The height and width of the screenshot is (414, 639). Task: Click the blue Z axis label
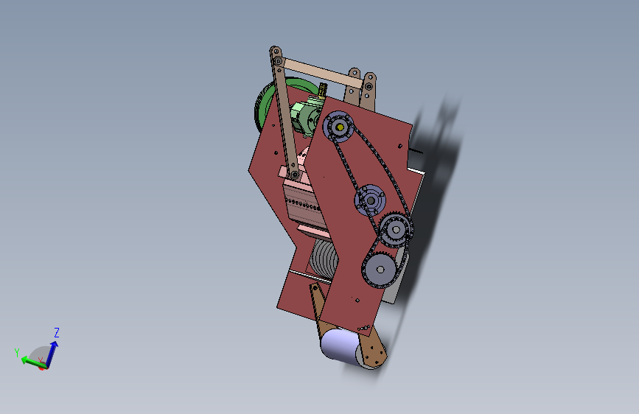click(57, 332)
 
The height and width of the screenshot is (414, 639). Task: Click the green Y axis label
click(17, 352)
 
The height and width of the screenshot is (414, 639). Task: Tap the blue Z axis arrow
click(52, 354)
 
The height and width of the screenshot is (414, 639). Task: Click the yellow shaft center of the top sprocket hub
click(340, 127)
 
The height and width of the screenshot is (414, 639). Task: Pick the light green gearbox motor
click(306, 116)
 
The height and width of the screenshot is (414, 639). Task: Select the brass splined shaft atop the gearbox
click(322, 90)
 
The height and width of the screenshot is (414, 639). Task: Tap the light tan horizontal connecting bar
click(322, 74)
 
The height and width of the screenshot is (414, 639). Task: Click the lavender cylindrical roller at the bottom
click(340, 345)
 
